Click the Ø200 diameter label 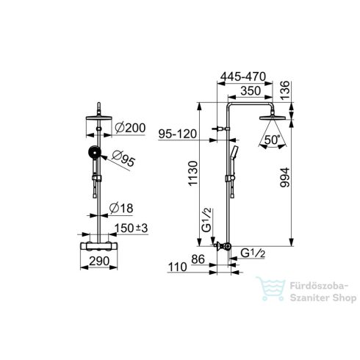point(130,128)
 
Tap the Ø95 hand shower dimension point(123,159)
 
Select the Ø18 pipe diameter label point(121,208)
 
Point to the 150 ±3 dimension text point(132,228)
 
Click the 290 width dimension point(99,261)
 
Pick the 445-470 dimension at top point(243,76)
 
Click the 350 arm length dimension point(251,91)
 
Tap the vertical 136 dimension point(285,90)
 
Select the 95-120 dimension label point(178,134)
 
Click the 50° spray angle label point(272,140)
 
